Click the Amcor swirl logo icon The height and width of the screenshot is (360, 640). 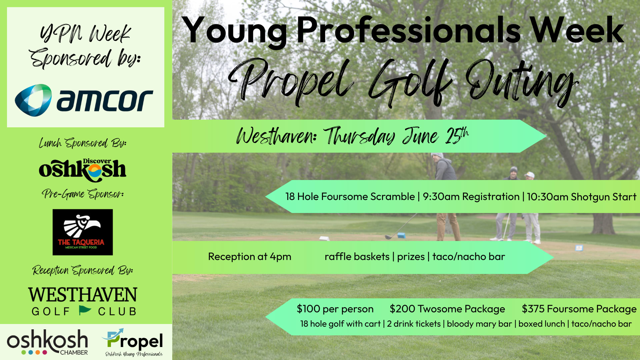pos(33,100)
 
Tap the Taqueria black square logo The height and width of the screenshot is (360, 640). pos(83,232)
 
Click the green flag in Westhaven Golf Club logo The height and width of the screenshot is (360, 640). pos(85,310)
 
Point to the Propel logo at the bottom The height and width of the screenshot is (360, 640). pos(133,342)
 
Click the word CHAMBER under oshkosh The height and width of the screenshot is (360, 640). pos(74,353)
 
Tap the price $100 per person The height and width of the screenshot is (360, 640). pos(335,309)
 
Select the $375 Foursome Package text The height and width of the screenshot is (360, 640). pos(579,309)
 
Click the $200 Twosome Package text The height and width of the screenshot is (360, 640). pos(447,309)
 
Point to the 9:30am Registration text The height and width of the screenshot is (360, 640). pos(471,197)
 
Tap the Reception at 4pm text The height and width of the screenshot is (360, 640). pos(250,257)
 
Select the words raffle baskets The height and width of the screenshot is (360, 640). pos(357,257)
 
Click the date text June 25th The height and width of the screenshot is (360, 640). pos(435,136)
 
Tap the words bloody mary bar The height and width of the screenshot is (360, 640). pos(479,324)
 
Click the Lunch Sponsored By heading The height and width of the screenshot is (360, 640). pos(83,143)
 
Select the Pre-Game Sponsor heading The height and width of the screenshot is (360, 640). pos(83,194)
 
